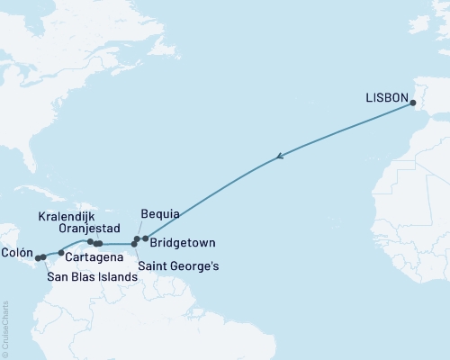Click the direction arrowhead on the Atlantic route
coord(282,157)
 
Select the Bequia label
coord(160,214)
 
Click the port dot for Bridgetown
coord(145,238)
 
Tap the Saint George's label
coord(178,266)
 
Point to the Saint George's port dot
coord(134,244)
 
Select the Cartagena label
coord(90,257)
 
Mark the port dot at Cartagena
coord(61,253)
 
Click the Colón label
coord(18,253)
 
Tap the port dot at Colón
coord(37,258)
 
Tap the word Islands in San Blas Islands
coord(118,277)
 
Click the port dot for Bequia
coord(137,239)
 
